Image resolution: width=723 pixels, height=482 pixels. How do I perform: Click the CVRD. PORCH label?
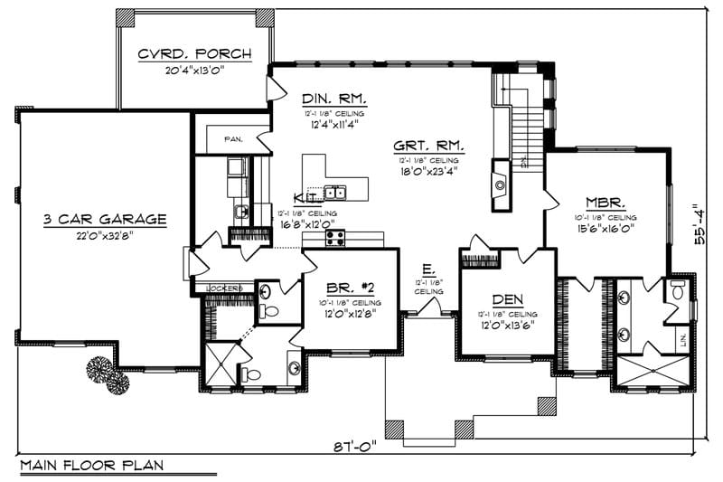[x=193, y=54]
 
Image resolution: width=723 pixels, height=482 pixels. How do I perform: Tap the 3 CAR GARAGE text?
[x=105, y=218]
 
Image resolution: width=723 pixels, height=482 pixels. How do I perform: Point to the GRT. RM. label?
[x=429, y=145]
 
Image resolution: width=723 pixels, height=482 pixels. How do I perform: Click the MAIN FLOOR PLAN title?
[x=90, y=466]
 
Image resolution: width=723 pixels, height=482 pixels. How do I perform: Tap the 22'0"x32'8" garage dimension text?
[x=105, y=235]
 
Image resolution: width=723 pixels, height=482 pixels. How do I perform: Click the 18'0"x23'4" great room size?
[x=429, y=167]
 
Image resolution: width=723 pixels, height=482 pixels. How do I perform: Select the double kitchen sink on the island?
[x=334, y=192]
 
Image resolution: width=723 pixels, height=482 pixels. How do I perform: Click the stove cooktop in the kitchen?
[x=335, y=237]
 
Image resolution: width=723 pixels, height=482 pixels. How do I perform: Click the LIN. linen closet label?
[x=683, y=341]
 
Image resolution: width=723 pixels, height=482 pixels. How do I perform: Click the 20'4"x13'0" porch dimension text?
[x=193, y=71]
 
